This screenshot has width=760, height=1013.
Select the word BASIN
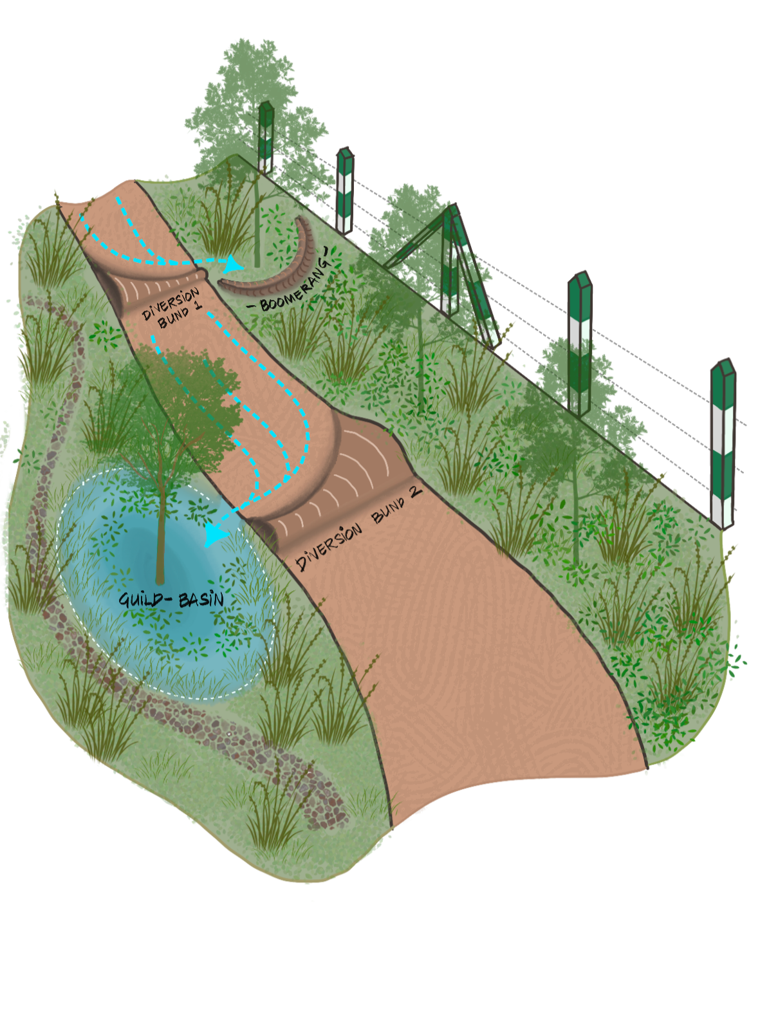(201, 600)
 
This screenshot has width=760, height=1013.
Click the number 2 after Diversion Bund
(415, 492)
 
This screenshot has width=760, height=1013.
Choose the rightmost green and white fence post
(722, 444)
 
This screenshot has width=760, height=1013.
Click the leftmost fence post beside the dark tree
(266, 138)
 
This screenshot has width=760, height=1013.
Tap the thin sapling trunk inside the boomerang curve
(257, 225)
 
